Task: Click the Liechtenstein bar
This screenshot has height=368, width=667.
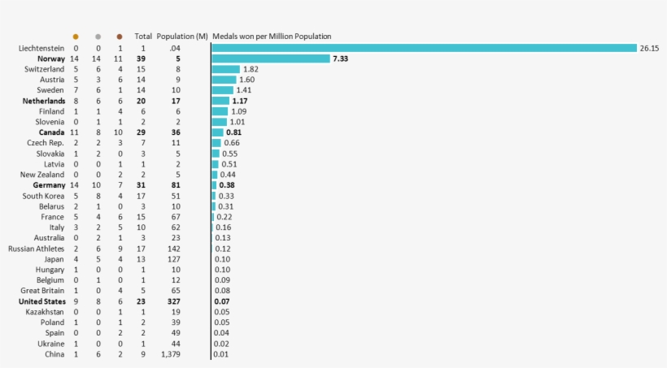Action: pos(424,48)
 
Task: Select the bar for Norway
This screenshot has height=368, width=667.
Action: pos(271,58)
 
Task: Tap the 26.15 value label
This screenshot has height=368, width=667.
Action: pos(649,48)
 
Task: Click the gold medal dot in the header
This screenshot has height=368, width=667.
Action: pos(76,37)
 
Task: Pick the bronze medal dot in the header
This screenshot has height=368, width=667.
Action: pos(120,37)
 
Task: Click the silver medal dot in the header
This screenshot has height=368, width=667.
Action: pos(98,37)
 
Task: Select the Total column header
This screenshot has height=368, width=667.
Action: pos(143,37)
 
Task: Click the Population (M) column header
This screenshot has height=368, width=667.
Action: pos(182,37)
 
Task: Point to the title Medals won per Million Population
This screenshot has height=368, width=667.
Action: pos(272,37)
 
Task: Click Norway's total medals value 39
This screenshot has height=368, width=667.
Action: pos(141,58)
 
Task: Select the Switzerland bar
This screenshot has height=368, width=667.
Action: pos(226,69)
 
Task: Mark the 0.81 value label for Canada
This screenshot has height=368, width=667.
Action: pos(233,132)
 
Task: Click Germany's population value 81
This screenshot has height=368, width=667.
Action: pos(176,185)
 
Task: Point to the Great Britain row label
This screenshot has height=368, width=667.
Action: pos(42,291)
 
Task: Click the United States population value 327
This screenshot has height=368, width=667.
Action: pos(174,301)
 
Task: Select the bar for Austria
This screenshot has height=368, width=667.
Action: pos(224,80)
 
